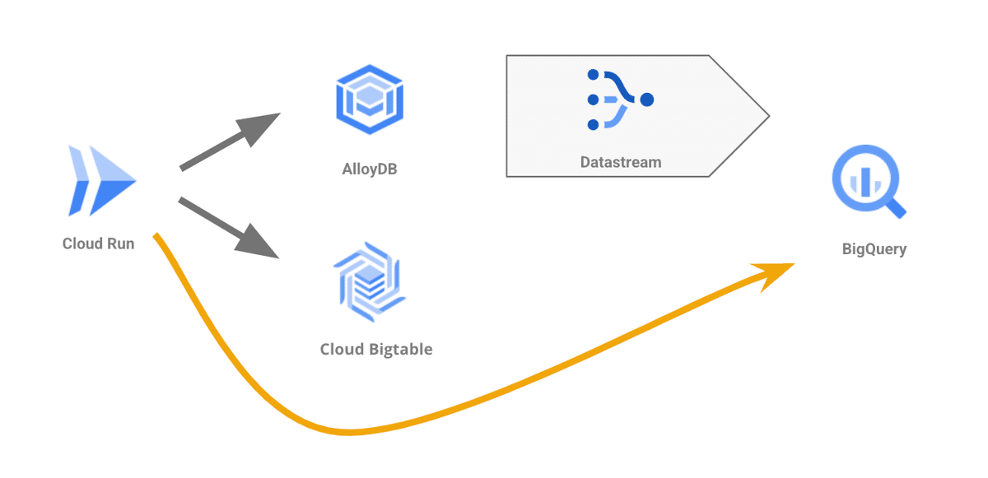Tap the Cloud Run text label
(98, 244)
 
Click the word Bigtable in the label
(400, 349)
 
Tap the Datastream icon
(618, 100)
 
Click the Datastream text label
(621, 162)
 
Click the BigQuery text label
(874, 248)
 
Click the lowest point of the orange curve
(350, 432)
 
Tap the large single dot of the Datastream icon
(647, 100)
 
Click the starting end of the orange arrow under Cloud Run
(156, 237)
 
